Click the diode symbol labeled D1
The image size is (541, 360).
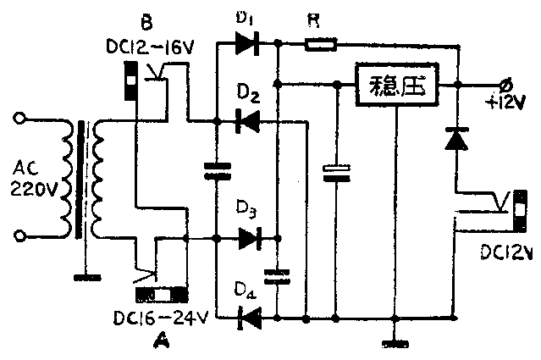[248, 44]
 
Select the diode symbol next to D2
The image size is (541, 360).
[247, 123]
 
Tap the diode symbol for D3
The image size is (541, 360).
[248, 240]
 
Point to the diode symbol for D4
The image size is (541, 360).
[248, 318]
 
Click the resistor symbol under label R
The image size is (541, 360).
[322, 44]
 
